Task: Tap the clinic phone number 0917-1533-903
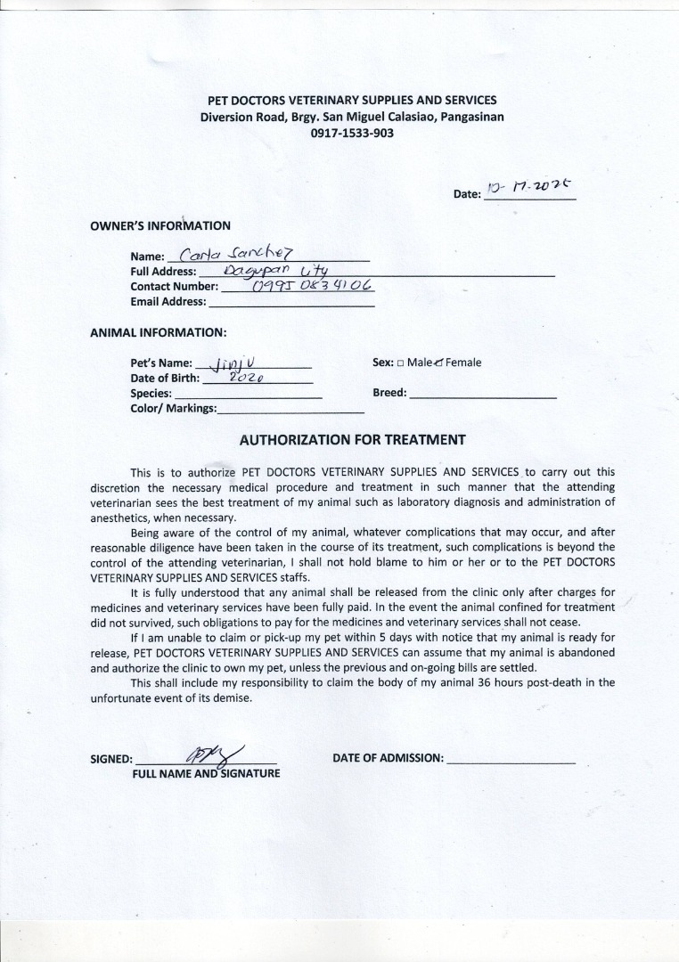pyautogui.click(x=352, y=133)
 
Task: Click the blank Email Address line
pyautogui.click(x=290, y=303)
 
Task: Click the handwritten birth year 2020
pyautogui.click(x=243, y=378)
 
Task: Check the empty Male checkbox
pyautogui.click(x=401, y=363)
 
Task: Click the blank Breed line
pyautogui.click(x=483, y=394)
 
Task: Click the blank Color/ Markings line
pyautogui.click(x=290, y=410)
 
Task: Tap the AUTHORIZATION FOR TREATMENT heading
pyautogui.click(x=352, y=439)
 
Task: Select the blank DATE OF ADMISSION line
pyautogui.click(x=511, y=760)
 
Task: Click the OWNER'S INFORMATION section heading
pyautogui.click(x=160, y=226)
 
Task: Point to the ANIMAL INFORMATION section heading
pyautogui.click(x=159, y=332)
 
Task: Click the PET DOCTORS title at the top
pyautogui.click(x=352, y=101)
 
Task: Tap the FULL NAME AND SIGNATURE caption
pyautogui.click(x=206, y=773)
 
